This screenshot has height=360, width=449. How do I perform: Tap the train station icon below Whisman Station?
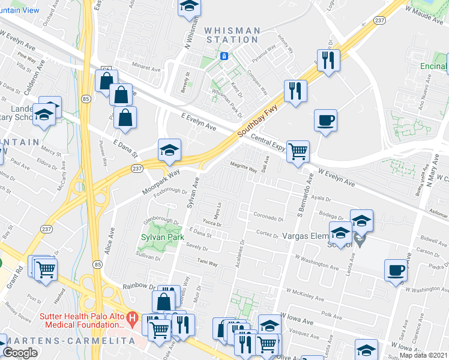click(224, 56)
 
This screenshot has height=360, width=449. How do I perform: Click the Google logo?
click(20, 352)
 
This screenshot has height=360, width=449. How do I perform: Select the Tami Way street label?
click(208, 263)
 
